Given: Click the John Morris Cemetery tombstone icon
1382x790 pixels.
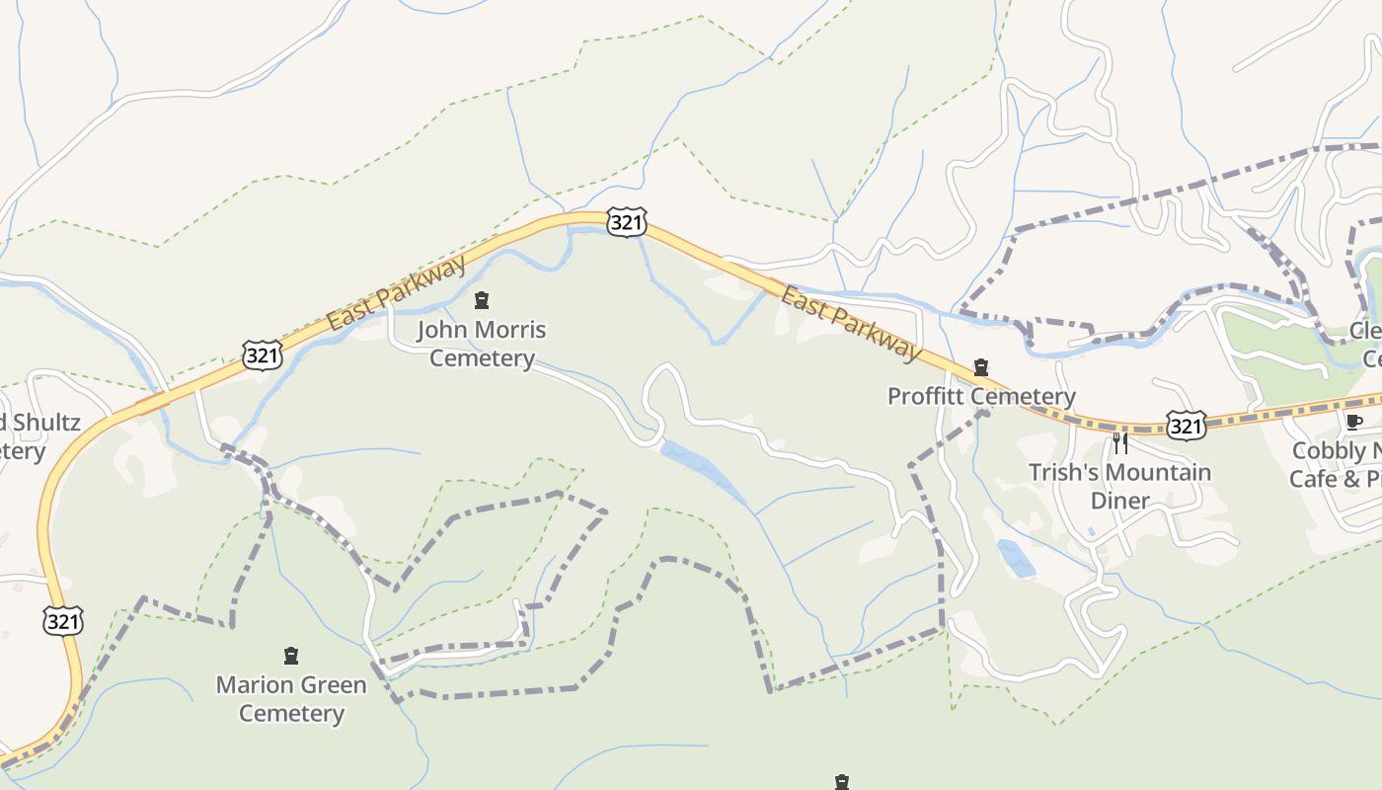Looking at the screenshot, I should coord(482,300).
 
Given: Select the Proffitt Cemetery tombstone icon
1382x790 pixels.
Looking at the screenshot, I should coord(980,368).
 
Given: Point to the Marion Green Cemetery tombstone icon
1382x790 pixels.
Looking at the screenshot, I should coord(290,656).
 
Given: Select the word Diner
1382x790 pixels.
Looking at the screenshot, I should coord(1119,501).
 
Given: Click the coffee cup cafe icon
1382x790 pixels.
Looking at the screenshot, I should coord(1353,423).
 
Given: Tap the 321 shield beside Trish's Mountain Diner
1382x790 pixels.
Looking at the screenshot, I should coord(1185,426).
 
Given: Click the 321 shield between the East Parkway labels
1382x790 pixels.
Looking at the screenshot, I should coord(626,222).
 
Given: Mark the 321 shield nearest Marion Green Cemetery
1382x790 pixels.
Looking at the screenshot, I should coord(63,621).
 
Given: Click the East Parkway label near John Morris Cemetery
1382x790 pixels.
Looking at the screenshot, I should coord(396,293).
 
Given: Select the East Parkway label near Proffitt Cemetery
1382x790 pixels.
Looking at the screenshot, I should coord(850,322).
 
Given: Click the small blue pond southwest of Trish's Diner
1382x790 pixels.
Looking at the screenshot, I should coord(1016,558).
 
